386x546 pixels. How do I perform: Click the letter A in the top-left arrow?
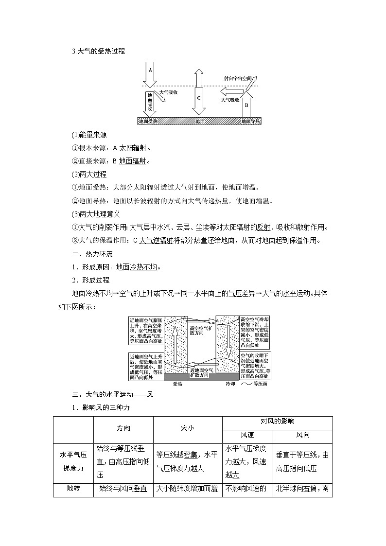coord(150,70)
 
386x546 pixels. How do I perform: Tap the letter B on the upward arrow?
coord(246,105)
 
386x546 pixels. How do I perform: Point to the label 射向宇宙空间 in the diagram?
coord(238,78)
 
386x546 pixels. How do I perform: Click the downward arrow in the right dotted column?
coord(227,341)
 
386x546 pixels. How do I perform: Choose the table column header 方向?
coord(123,428)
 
